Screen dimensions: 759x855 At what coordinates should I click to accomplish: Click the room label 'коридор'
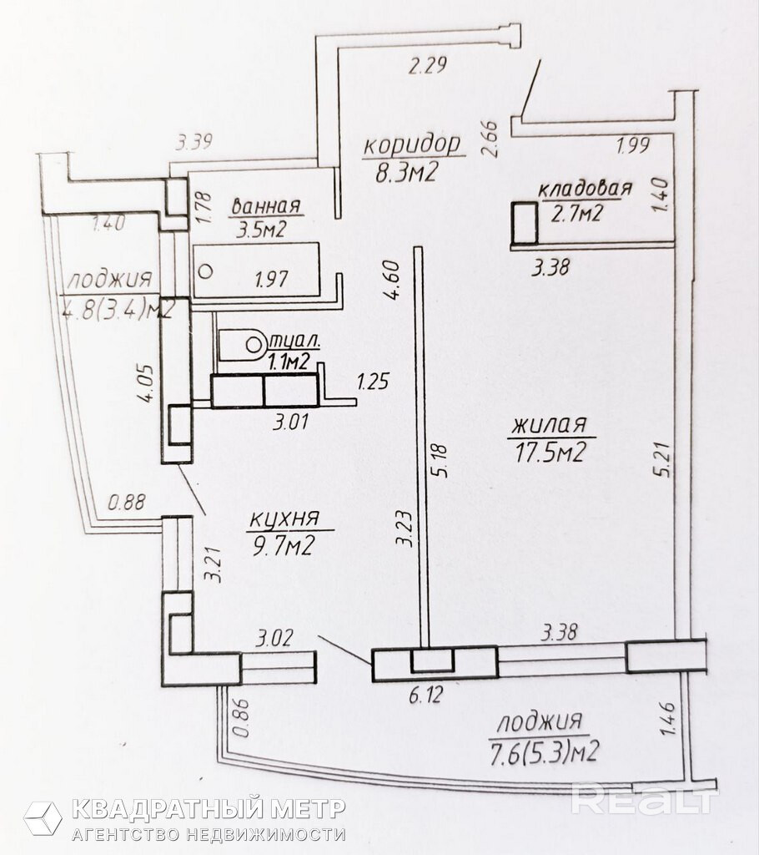point(412,146)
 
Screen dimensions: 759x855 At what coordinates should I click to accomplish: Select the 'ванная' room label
point(266,206)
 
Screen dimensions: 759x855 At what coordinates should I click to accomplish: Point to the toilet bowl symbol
point(242,345)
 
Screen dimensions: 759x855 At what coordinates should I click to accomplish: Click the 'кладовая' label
point(586,188)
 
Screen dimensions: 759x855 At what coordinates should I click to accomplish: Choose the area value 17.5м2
point(550,452)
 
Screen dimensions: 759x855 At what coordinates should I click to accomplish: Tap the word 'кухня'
point(284,519)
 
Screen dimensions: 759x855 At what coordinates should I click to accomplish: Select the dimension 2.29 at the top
point(428,65)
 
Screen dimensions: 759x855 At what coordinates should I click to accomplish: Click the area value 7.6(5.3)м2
point(545,752)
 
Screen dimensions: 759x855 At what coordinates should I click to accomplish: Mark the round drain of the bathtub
point(205,271)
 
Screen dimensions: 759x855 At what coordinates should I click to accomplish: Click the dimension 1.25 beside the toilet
point(373,381)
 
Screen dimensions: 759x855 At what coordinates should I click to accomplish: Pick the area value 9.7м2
point(283,544)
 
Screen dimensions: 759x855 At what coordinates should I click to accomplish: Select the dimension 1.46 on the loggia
point(668,718)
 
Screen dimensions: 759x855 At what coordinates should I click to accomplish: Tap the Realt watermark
point(644,799)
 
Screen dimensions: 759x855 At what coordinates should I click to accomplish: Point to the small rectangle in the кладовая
point(525,222)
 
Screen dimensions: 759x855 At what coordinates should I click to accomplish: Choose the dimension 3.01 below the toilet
point(291,422)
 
